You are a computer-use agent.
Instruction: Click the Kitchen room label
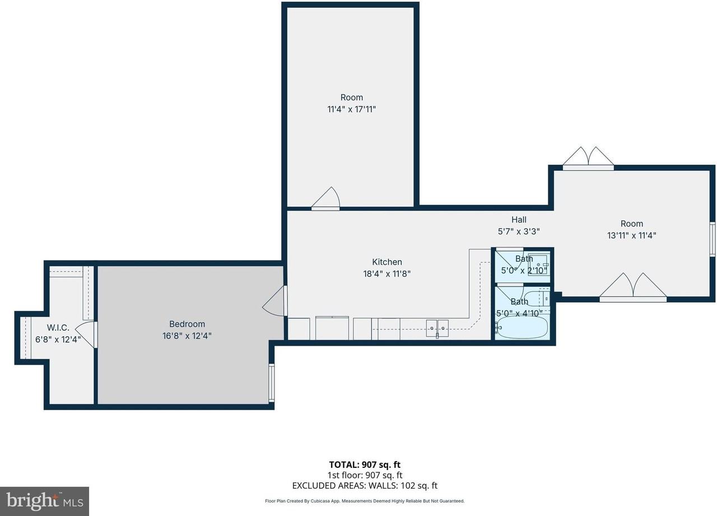(387, 262)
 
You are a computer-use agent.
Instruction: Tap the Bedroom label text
(187, 324)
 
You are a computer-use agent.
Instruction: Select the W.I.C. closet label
(58, 327)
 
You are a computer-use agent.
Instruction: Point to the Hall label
(519, 220)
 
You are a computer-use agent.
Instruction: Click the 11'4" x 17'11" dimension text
(351, 109)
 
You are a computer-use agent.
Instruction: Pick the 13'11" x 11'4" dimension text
(631, 235)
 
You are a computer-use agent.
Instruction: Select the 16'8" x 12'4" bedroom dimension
(187, 336)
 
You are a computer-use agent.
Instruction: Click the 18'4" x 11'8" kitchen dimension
(387, 273)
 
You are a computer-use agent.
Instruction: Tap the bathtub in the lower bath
(522, 327)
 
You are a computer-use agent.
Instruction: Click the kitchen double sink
(437, 328)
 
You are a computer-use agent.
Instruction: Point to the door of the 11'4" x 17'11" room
(325, 199)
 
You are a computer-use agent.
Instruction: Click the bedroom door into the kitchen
(274, 301)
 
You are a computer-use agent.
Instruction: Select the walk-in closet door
(86, 334)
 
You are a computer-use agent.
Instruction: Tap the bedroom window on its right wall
(272, 383)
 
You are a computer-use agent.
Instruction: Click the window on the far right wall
(713, 239)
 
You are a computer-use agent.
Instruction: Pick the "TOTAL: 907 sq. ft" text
(365, 464)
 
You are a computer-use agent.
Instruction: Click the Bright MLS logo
(44, 501)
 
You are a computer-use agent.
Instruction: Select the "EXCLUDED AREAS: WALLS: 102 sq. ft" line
(365, 486)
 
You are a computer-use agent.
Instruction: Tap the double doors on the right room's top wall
(588, 159)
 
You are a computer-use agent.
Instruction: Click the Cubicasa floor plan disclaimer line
(365, 501)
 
